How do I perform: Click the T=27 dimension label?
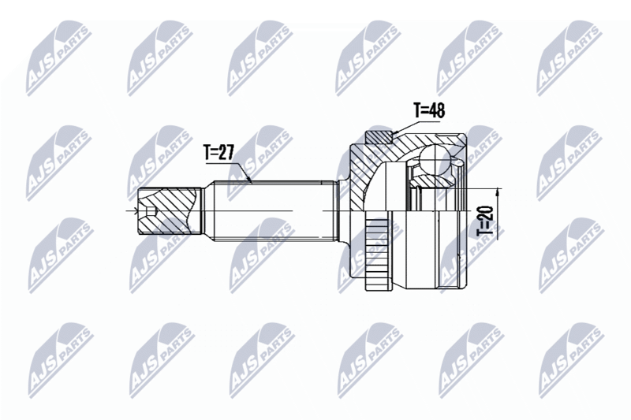[219, 152]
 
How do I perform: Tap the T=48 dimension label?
[429, 110]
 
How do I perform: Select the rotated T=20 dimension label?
[485, 221]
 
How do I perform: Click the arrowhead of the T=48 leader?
[395, 132]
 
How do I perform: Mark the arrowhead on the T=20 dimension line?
[498, 192]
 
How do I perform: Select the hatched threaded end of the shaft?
[169, 210]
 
